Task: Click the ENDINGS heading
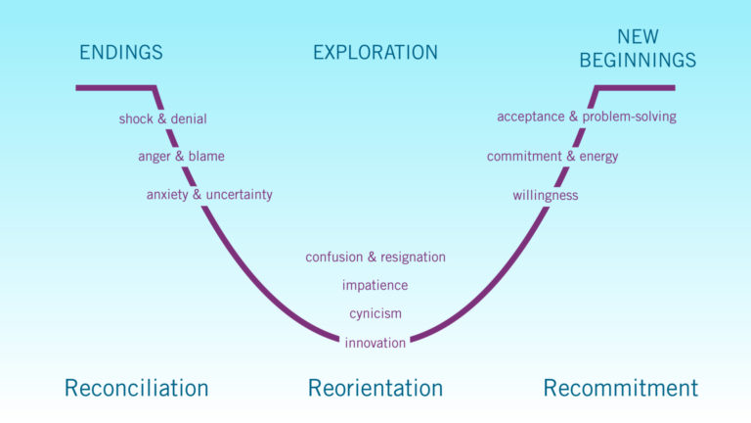[x=121, y=52]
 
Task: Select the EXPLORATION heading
[x=375, y=52]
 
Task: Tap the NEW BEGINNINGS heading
[x=638, y=49]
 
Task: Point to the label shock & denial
[x=163, y=118]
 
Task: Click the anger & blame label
[x=182, y=157]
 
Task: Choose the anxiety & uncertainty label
[x=209, y=195]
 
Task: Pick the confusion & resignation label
[x=375, y=258]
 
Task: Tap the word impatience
[x=375, y=286]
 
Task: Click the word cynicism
[x=375, y=314]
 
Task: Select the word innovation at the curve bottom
[x=375, y=343]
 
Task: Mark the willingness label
[x=546, y=196]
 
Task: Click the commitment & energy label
[x=552, y=157]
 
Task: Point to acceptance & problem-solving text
[x=587, y=117]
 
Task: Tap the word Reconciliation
[x=137, y=388]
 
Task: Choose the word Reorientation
[x=375, y=388]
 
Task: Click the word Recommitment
[x=621, y=388]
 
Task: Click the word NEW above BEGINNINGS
[x=638, y=37]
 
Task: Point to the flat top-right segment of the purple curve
[x=636, y=88]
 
